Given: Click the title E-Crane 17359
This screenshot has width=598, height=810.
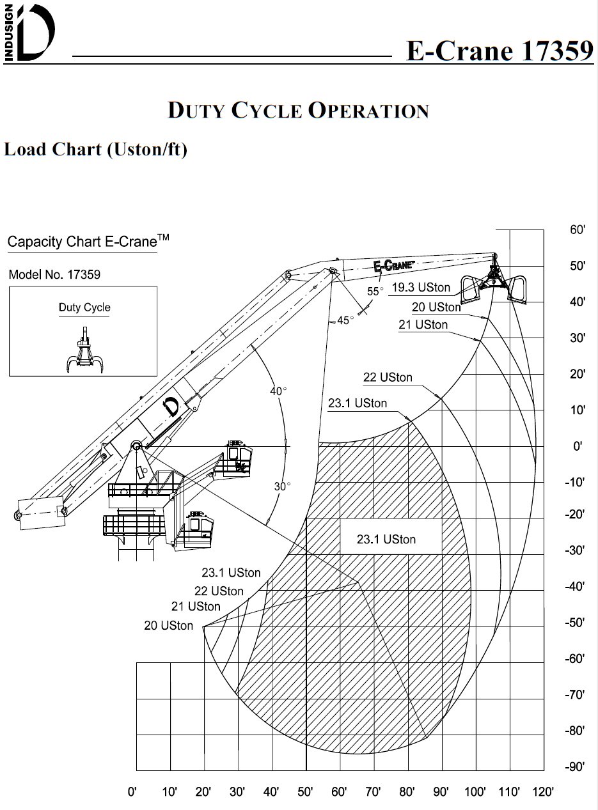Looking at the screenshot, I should [500, 51].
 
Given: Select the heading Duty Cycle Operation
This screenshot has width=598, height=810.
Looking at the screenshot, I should [298, 110].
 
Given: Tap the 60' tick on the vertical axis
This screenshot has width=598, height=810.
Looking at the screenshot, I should [578, 230].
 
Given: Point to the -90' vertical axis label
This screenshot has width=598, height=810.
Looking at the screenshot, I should [575, 767].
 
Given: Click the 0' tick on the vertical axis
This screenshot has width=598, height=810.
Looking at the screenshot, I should [578, 446].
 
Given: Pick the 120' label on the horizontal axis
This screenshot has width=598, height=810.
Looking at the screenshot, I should [543, 793].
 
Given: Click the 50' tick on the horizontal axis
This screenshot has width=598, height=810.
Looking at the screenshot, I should [305, 793].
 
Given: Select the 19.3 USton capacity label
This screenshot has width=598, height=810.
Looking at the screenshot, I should [421, 288].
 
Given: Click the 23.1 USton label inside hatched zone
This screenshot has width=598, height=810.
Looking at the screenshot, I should [386, 540].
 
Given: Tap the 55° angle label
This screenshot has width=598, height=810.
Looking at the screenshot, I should [375, 292].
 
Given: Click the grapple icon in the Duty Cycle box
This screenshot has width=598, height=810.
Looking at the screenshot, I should [84, 350].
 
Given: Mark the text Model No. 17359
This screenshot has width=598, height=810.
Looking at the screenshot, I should [54, 275].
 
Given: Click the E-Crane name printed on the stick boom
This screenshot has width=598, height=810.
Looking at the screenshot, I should [394, 265].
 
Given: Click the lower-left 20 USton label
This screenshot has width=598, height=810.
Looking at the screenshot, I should [168, 626].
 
